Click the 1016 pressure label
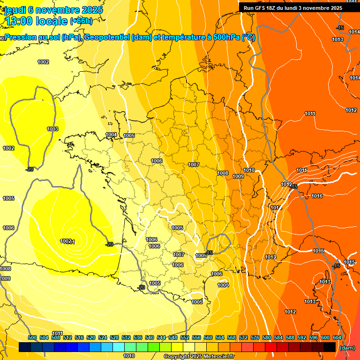click(317, 196)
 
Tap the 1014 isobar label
click(354, 78)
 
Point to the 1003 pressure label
click(52, 129)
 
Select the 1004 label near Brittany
click(111, 135)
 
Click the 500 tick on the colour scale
click(32, 337)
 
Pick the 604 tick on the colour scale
click(337, 337)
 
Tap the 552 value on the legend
click(185, 337)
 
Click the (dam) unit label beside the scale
click(347, 348)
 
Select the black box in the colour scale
click(330, 347)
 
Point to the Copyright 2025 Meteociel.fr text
click(199, 356)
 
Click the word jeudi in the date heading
click(16, 10)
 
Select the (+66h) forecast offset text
click(81, 21)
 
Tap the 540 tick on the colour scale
click(150, 337)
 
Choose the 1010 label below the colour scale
click(129, 356)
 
